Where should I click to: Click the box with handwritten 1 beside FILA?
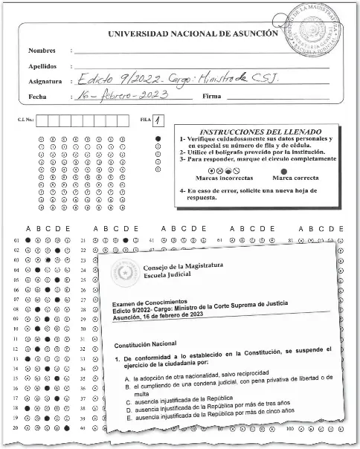(159, 120)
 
